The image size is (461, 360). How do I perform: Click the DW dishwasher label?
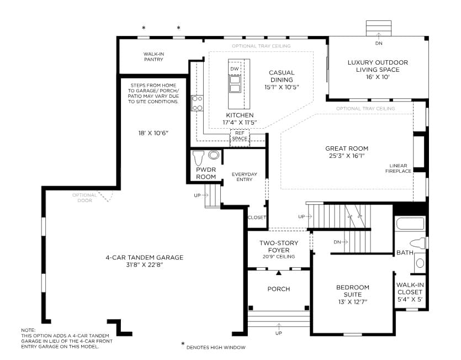coord(234,69)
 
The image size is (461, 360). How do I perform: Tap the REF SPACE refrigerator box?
coord(240,137)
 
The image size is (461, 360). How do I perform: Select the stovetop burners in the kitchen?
coord(197,103)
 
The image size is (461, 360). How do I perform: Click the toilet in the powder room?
coord(198,158)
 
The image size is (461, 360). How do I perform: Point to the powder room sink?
coord(214,155)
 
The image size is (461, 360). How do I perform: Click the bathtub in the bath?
coord(410,224)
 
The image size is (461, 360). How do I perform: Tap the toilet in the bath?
coord(418,243)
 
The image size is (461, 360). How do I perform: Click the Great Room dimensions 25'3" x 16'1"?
coord(347,156)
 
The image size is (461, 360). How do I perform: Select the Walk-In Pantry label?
coord(153,57)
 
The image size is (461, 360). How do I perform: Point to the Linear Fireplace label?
coord(398,168)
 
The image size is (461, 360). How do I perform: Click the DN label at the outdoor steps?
coord(379,43)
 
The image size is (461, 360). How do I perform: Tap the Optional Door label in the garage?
coord(84,198)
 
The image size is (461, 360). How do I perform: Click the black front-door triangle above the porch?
coord(279,273)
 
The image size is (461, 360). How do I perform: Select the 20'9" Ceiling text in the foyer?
coord(279,256)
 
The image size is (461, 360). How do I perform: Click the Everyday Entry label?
coord(245,177)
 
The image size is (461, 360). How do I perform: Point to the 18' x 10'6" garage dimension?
coord(153,133)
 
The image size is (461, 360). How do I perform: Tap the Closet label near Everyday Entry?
coord(257,218)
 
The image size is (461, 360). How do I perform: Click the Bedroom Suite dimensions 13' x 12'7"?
coord(352,302)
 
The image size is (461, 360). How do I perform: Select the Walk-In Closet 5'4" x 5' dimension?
coord(410,299)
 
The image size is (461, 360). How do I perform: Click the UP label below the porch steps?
coord(278,333)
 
